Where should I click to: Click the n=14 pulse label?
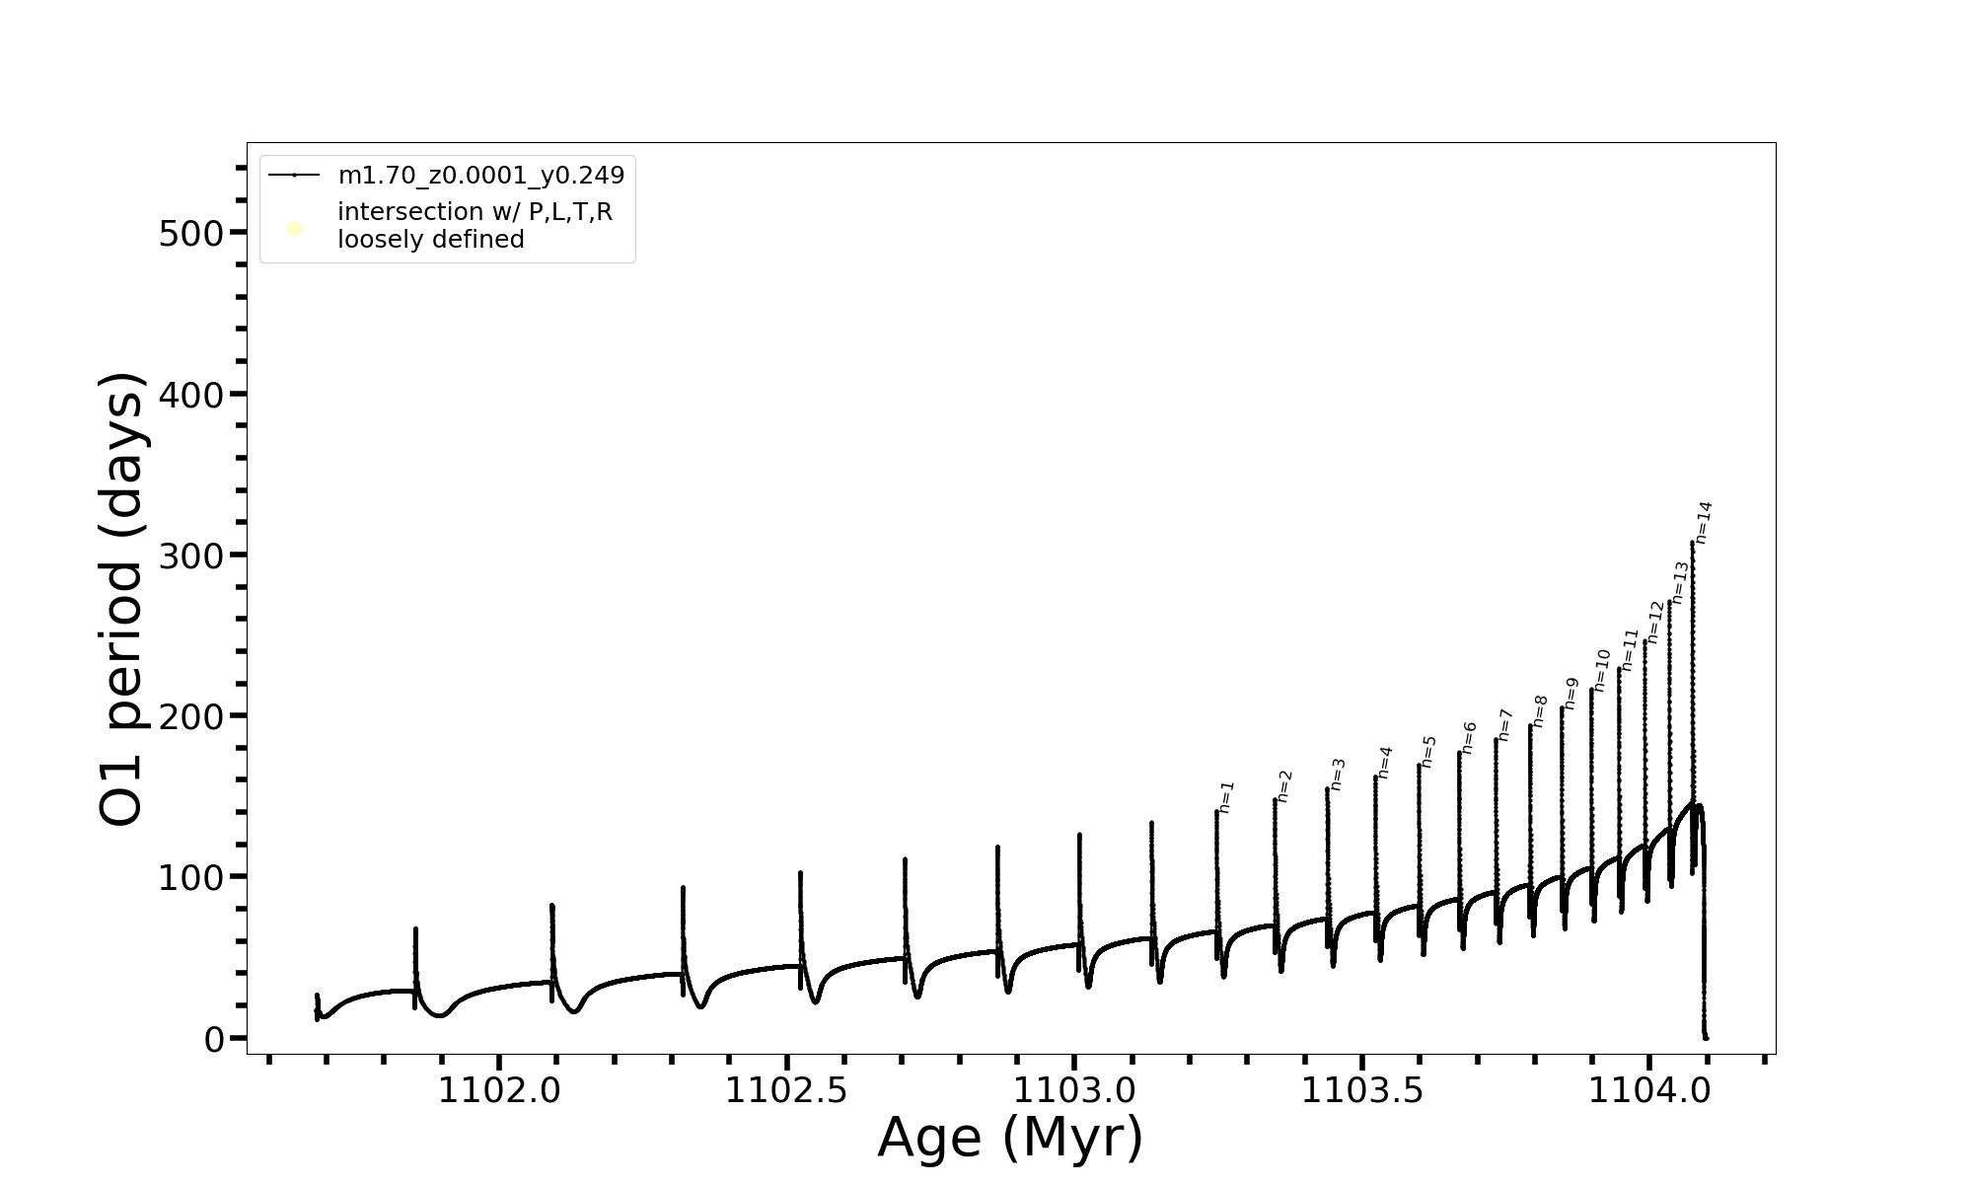click(x=1704, y=522)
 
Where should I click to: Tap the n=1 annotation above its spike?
click(x=1226, y=796)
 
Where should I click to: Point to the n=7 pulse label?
click(x=1504, y=724)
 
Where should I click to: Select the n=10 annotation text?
click(x=1601, y=670)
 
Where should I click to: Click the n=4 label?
click(x=1385, y=762)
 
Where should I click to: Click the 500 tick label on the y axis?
click(x=190, y=234)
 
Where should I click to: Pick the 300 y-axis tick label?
click(x=190, y=556)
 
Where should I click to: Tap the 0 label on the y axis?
click(x=214, y=1039)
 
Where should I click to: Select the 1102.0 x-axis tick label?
click(x=499, y=1091)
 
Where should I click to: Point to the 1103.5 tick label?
click(x=1362, y=1091)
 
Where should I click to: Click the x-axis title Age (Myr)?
click(x=1010, y=1138)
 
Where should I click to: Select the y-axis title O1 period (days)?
click(x=122, y=599)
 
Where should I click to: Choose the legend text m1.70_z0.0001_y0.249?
click(x=481, y=176)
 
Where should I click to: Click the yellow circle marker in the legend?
click(x=294, y=229)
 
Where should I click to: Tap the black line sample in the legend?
click(x=294, y=176)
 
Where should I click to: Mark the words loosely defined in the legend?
click(x=431, y=240)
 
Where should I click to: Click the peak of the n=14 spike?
click(x=1692, y=542)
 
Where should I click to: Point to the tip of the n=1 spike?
click(x=1216, y=811)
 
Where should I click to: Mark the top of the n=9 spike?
click(x=1562, y=707)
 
